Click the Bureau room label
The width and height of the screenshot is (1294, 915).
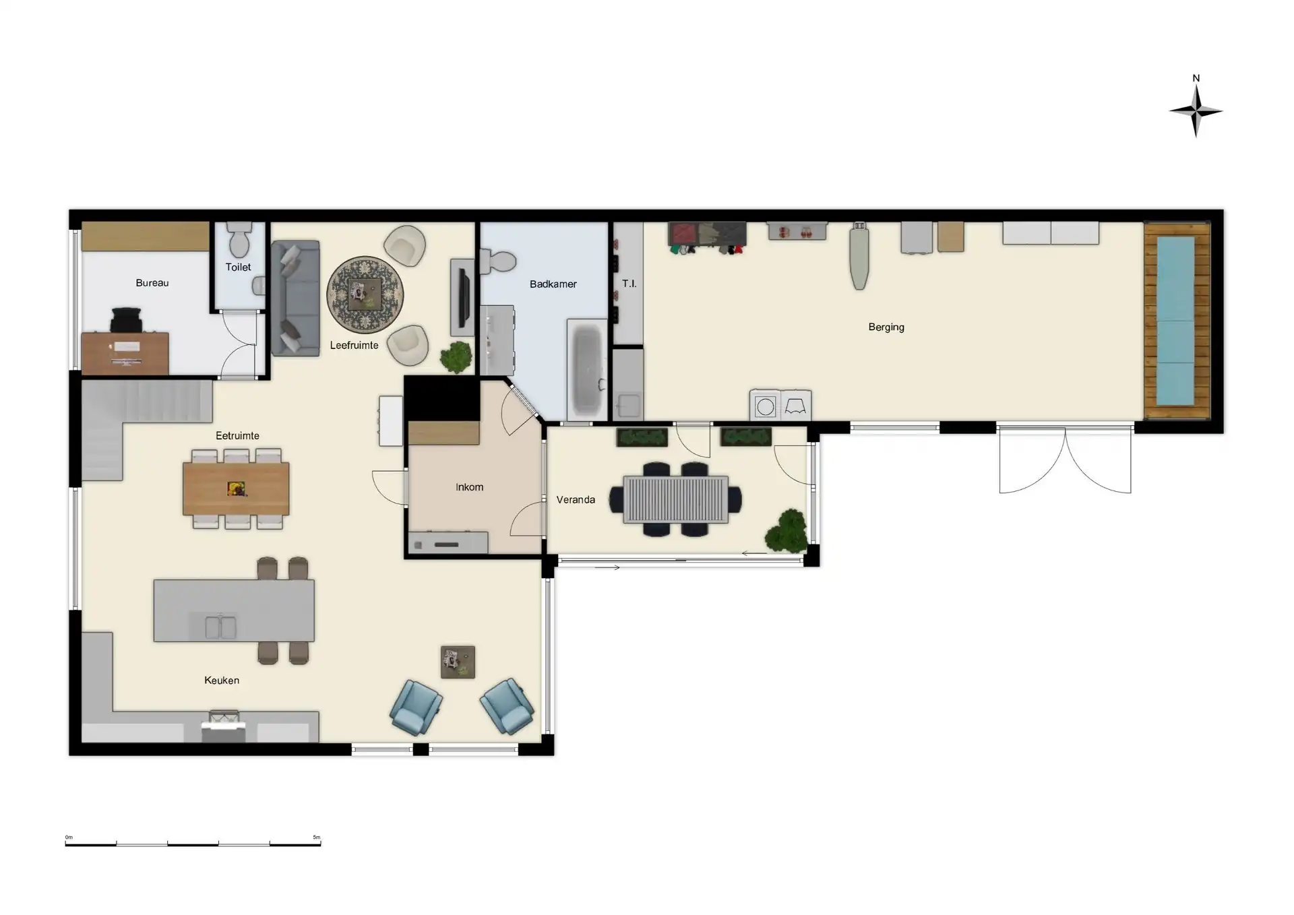152,283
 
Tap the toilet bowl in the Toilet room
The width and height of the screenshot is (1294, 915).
239,241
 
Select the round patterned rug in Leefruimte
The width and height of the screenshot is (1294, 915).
365,294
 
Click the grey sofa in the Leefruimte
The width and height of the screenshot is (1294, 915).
295,298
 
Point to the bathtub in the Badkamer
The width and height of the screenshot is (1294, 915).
588,369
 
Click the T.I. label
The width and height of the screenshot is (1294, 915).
629,284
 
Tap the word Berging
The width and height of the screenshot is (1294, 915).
886,327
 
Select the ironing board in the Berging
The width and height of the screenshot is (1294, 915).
859,256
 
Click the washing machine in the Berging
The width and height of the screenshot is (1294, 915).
766,406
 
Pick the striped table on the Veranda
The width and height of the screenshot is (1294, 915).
676,499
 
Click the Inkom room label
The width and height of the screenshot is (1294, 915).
469,487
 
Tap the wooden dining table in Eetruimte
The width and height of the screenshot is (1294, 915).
236,488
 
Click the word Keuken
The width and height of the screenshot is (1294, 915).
222,681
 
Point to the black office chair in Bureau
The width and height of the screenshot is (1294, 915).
127,319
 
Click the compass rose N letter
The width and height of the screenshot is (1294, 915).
1196,78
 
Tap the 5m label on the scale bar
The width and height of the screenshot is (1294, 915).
317,838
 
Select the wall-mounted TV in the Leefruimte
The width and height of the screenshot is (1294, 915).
462,297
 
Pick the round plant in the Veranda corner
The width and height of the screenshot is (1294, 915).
787,531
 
